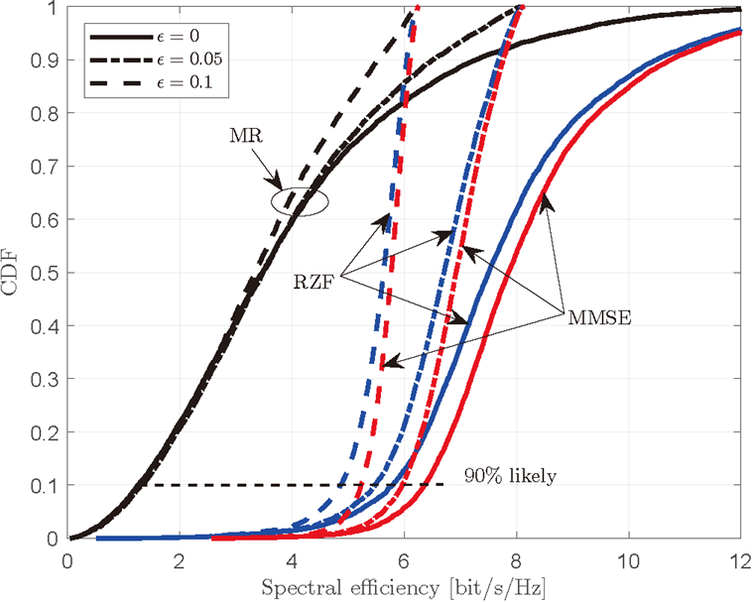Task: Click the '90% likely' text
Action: point(510,476)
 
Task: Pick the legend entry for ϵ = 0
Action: point(184,36)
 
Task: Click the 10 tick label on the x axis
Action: point(627,558)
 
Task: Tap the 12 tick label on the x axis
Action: point(739,558)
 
